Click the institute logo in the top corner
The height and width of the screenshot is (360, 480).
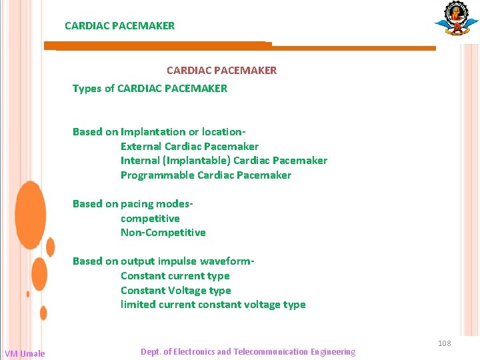tap(457, 19)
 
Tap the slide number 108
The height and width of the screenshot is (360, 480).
tap(445, 343)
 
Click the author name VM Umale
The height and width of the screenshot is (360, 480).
tap(25, 353)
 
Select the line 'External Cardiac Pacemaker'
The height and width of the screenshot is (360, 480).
tap(189, 146)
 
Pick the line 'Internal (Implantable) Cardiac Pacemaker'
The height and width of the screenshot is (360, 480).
tap(224, 161)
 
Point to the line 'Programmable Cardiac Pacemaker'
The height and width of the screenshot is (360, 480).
tap(206, 175)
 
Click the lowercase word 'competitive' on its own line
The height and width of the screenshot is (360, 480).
tap(150, 219)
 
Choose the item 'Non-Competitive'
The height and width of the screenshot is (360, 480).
tap(163, 233)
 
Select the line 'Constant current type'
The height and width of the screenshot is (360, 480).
tap(175, 276)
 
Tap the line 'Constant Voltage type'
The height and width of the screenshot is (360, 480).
tap(176, 291)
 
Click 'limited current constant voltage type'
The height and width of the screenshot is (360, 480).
tap(213, 305)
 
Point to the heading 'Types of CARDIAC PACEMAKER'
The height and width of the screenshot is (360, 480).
tap(150, 88)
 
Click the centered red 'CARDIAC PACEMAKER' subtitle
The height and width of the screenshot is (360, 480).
tap(222, 70)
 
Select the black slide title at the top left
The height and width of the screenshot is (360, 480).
tap(120, 26)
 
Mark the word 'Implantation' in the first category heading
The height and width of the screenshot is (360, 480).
tap(153, 132)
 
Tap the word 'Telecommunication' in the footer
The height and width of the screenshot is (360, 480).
tap(271, 352)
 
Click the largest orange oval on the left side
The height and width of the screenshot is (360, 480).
tap(30, 215)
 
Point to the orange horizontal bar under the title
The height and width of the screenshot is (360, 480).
tap(240, 47)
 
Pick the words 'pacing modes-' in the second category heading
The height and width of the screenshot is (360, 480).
tap(157, 204)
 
